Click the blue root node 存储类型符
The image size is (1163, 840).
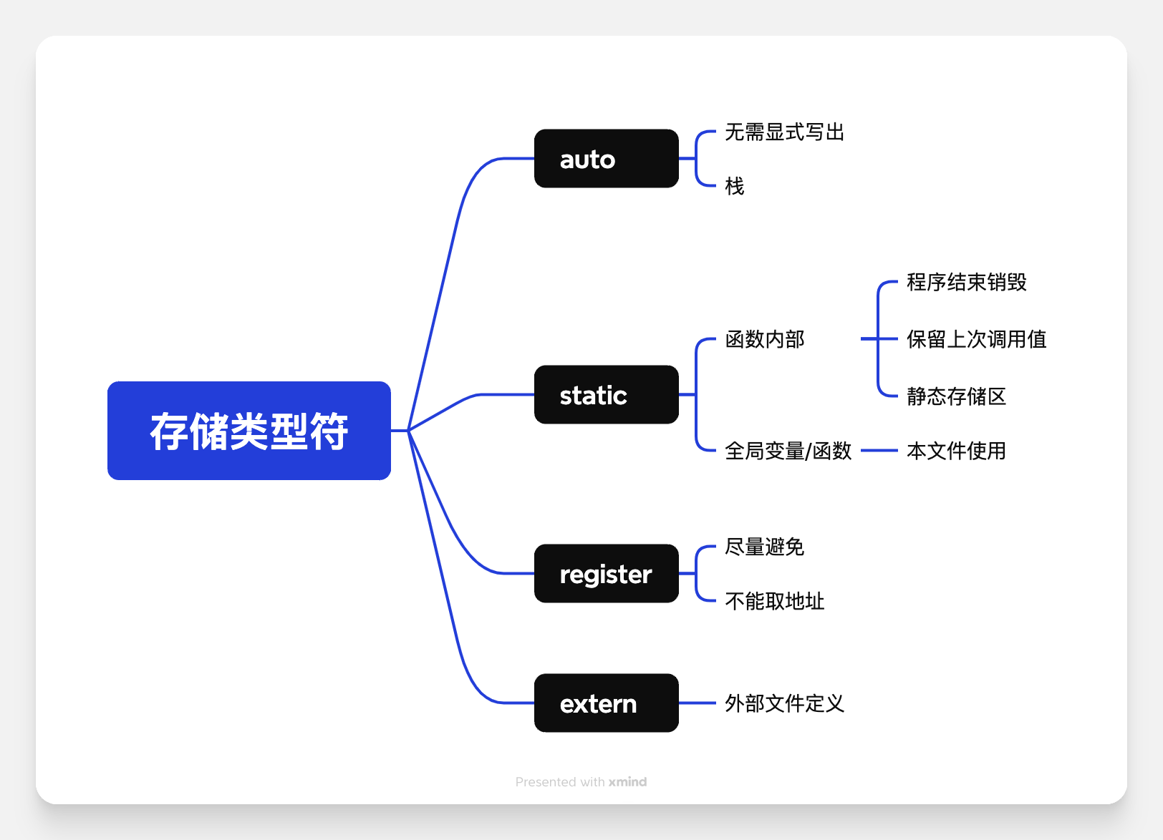(x=248, y=431)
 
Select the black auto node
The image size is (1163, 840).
(x=606, y=159)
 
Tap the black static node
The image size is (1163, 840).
(x=606, y=395)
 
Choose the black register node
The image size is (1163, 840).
(x=606, y=574)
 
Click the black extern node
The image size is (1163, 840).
(x=606, y=703)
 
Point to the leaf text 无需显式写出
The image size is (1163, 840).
(x=784, y=132)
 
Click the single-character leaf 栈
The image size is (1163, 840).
(x=734, y=186)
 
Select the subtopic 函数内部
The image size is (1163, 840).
(x=764, y=339)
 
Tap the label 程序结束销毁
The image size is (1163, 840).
(x=966, y=282)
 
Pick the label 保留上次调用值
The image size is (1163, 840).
(x=976, y=339)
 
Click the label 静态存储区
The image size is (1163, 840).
(x=956, y=396)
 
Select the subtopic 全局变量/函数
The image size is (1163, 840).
(x=788, y=451)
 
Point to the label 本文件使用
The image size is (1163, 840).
(x=956, y=451)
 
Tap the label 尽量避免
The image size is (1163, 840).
(x=764, y=547)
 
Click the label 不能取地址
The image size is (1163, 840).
(x=774, y=601)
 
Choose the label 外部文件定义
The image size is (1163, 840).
(x=784, y=703)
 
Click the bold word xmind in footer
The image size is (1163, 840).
(x=627, y=782)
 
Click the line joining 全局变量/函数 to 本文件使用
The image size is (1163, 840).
(x=879, y=451)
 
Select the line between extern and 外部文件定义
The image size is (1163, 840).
(x=697, y=703)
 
